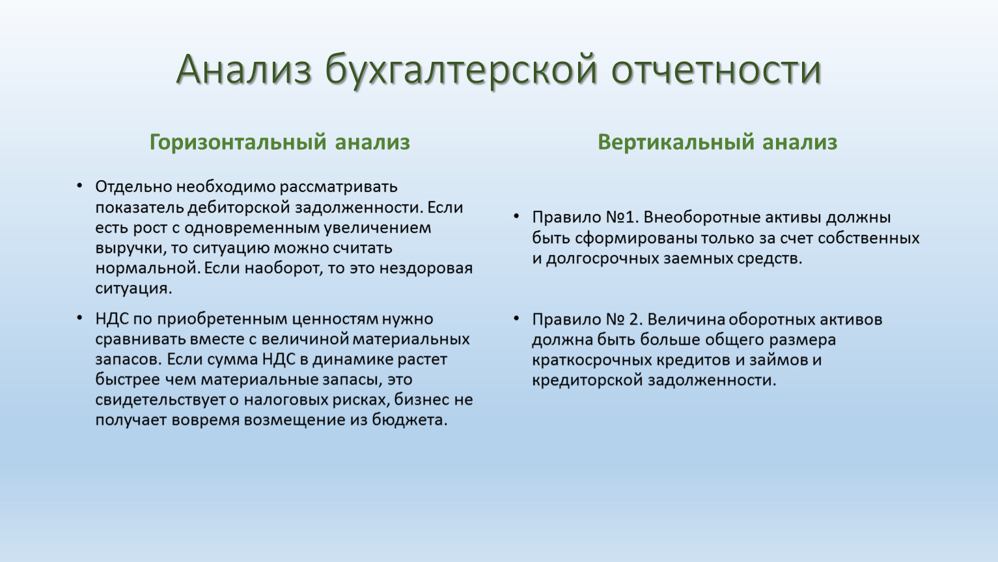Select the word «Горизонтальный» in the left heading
point(238,143)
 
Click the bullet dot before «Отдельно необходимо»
point(79,185)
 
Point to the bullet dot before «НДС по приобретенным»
point(79,318)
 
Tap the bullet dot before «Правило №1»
point(516,217)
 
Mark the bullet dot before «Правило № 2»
point(516,319)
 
